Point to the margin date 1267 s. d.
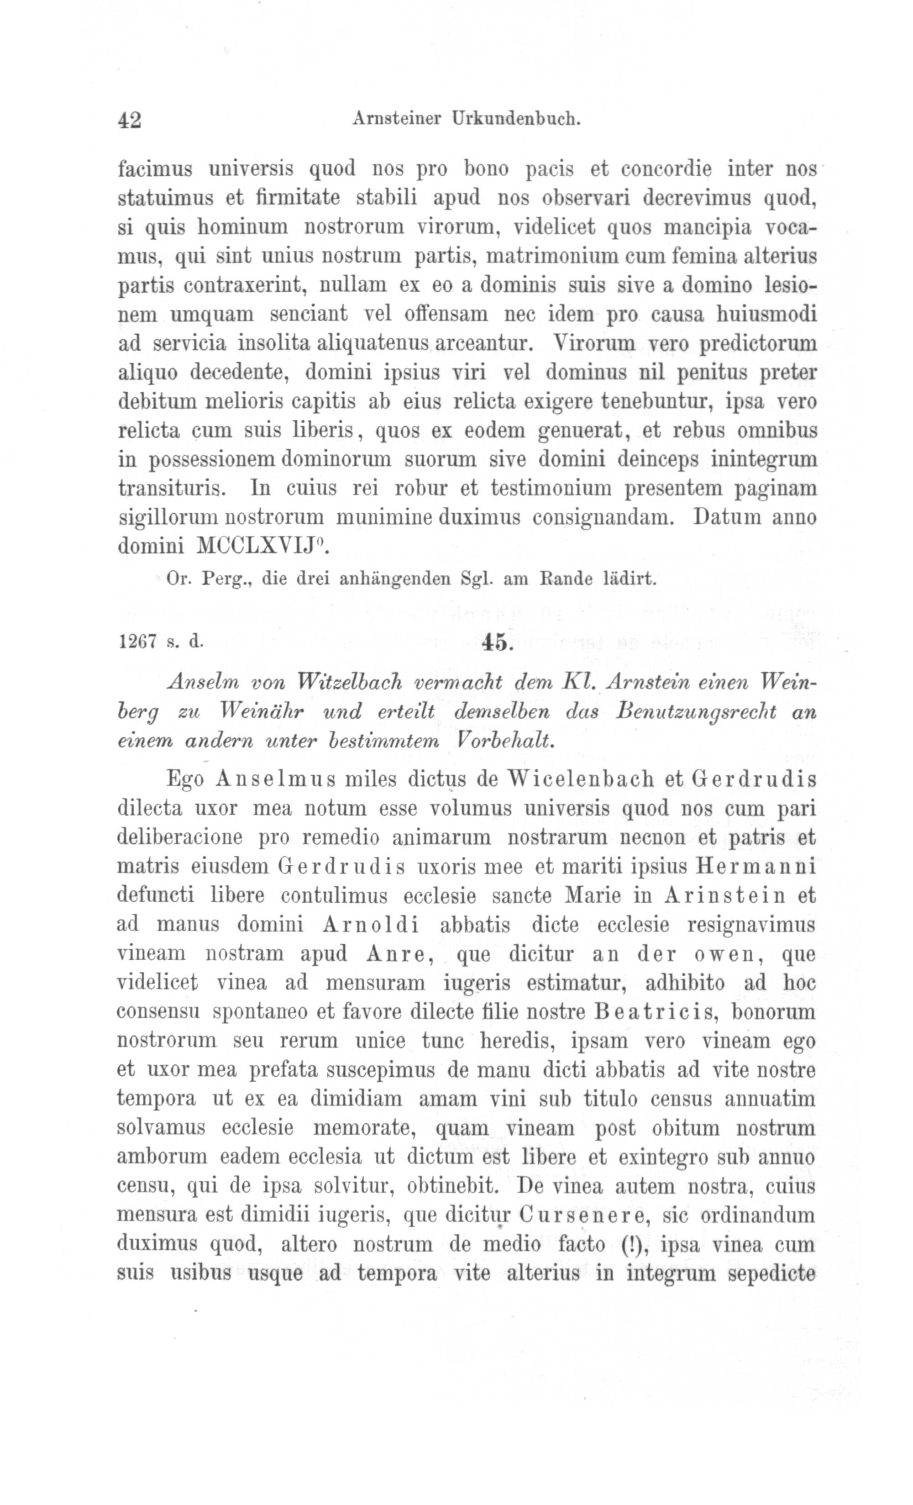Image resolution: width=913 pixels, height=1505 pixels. click(160, 642)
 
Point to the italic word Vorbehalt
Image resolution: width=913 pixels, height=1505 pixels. click(505, 741)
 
